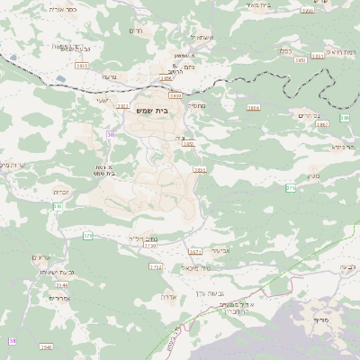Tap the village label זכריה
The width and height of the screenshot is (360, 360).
[60, 193]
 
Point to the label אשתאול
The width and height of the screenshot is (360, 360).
[200, 37]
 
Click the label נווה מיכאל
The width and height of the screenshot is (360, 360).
[195, 267]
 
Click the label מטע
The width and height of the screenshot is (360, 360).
[312, 175]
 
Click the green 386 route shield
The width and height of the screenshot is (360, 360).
[345, 118]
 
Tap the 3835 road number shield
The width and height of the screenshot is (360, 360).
[83, 66]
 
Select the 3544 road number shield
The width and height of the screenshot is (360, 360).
[61, 283]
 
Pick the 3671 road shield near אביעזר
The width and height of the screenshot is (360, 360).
[195, 252]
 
